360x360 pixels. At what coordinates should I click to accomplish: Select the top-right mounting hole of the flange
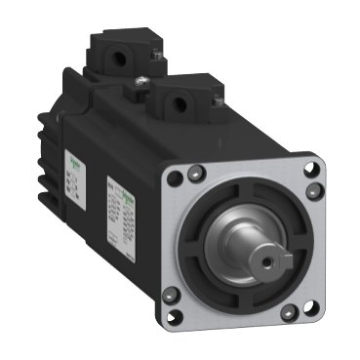[313, 169]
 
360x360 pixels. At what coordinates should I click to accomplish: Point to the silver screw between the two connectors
[142, 77]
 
